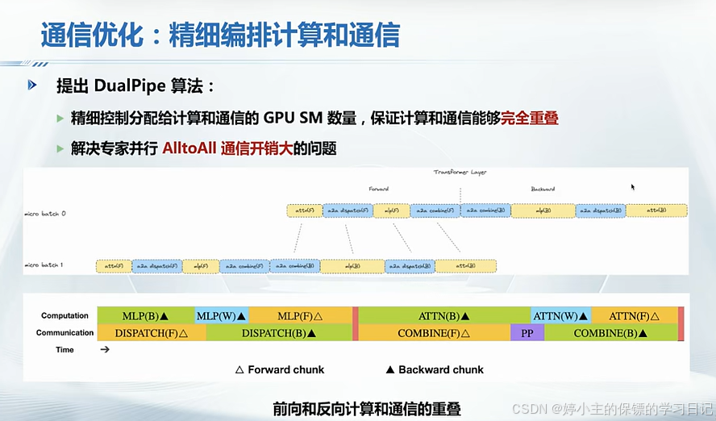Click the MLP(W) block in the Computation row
pos(222,315)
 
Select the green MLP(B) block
pos(145,315)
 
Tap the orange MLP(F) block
pos(300,315)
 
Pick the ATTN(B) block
pos(444,315)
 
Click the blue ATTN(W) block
pos(560,315)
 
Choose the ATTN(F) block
pos(634,315)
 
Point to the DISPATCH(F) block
pos(151,332)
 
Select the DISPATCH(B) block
pos(279,332)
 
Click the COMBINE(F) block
pos(434,332)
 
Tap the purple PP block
pos(527,332)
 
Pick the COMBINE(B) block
pos(610,332)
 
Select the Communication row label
pos(65,332)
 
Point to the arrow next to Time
pos(104,350)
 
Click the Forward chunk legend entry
pos(279,369)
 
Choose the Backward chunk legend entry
pos(435,369)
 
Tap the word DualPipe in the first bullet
pos(129,85)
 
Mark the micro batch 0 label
pos(45,214)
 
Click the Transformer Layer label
pos(460,172)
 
